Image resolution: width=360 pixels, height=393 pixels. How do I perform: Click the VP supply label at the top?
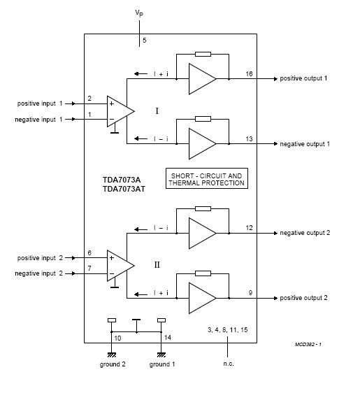(139, 13)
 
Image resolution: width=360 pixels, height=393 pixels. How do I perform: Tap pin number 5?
(144, 40)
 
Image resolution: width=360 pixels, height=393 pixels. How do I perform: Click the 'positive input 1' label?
(40, 103)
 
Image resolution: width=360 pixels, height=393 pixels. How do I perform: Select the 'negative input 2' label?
(39, 273)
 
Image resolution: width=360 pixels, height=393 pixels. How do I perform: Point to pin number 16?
(249, 74)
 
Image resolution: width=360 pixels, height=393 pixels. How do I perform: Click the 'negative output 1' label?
(305, 144)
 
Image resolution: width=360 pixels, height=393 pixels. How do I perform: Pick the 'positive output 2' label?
(303, 298)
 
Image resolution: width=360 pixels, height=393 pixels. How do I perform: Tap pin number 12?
(249, 228)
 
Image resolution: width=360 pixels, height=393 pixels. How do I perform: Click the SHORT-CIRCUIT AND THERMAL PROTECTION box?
(207, 178)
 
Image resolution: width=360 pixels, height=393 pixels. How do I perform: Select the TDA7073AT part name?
(124, 189)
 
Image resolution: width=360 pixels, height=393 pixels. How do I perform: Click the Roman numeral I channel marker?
(157, 110)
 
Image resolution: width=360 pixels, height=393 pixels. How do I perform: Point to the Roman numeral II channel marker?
(157, 264)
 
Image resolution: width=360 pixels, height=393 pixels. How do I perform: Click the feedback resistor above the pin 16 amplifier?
(203, 54)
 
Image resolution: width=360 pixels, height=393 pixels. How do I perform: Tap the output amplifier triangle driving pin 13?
(202, 143)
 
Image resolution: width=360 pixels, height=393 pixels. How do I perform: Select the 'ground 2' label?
(113, 364)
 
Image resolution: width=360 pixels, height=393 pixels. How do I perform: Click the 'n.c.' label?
(229, 364)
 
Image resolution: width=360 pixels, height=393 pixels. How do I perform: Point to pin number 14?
(168, 338)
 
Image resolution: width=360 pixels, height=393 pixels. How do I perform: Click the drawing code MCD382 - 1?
(308, 344)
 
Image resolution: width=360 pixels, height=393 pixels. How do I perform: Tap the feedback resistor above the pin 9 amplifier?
(203, 273)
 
